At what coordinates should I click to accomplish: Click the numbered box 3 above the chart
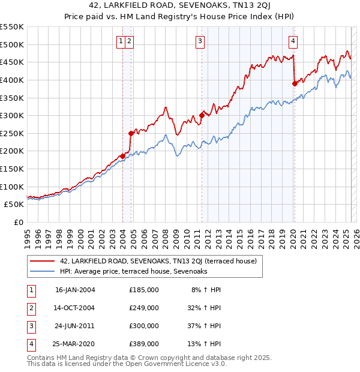(200, 41)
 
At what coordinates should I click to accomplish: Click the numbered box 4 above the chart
(293, 41)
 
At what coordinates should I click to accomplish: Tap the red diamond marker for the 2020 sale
(295, 84)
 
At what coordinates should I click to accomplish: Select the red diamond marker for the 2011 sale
(202, 116)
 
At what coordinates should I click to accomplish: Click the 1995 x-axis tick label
(27, 235)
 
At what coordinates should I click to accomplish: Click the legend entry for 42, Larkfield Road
(158, 261)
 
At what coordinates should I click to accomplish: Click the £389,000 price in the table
(144, 344)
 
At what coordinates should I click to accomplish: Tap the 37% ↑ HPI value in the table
(203, 326)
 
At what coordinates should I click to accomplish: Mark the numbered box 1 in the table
(29, 290)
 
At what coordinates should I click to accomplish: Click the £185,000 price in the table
(144, 290)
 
